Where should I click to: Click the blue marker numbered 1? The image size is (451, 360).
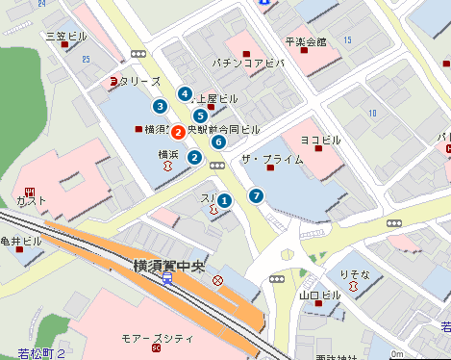pyautogui.click(x=224, y=200)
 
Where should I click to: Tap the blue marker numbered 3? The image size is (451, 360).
pyautogui.click(x=160, y=106)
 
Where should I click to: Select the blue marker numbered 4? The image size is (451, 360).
pyautogui.click(x=184, y=93)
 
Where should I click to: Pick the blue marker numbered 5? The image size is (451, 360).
pyautogui.click(x=200, y=116)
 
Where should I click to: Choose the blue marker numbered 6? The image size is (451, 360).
pyautogui.click(x=218, y=142)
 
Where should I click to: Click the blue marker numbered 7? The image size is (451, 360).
pyautogui.click(x=256, y=195)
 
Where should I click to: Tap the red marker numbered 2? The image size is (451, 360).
pyautogui.click(x=179, y=129)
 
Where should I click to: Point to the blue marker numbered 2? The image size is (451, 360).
pyautogui.click(x=194, y=158)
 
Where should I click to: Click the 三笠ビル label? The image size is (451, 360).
pyautogui.click(x=66, y=36)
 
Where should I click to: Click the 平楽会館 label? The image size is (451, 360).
pyautogui.click(x=306, y=42)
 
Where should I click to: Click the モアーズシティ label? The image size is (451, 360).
pyautogui.click(x=157, y=340)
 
